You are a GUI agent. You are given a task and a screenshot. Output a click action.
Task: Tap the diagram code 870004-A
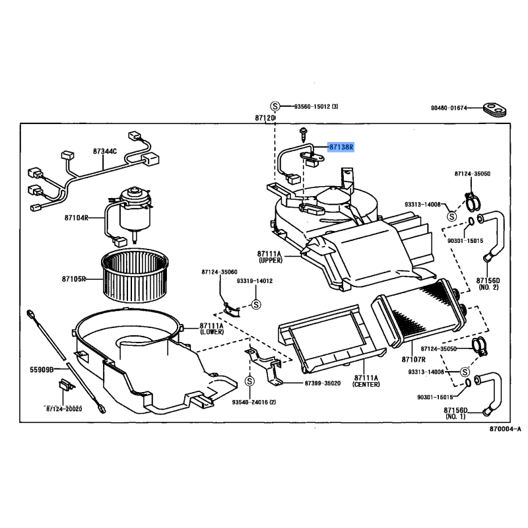(505, 430)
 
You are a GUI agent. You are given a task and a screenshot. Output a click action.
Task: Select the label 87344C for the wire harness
(105, 151)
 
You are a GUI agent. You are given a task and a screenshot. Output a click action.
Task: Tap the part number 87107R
(414, 359)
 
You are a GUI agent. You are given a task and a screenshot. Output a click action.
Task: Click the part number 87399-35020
(322, 383)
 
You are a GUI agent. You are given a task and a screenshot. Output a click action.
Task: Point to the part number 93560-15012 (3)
(316, 107)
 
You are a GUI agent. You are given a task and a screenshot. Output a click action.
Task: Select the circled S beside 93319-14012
(257, 304)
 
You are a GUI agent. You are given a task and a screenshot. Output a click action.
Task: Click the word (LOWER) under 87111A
(211, 333)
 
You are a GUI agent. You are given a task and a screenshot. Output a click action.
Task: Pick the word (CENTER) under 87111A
(366, 384)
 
